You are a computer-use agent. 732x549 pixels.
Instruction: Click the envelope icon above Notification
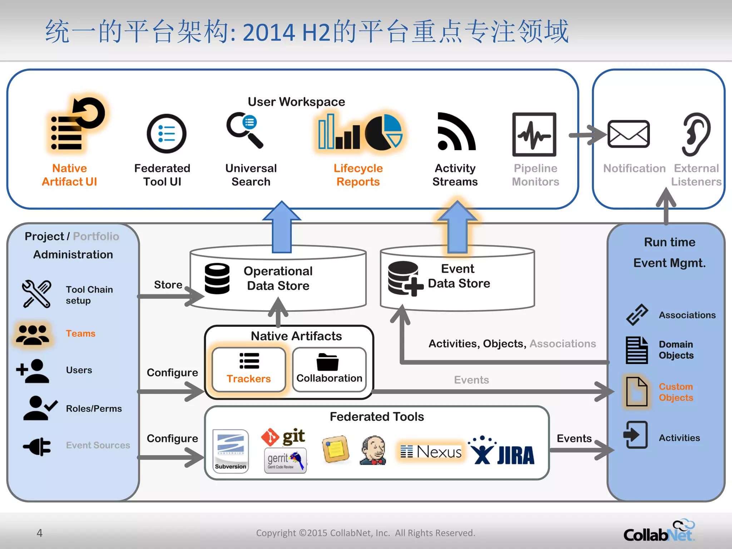628,134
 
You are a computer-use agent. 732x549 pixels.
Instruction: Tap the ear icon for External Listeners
696,134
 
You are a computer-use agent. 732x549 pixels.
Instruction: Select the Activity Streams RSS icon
456,132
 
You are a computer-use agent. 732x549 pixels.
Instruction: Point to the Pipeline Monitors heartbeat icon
534,135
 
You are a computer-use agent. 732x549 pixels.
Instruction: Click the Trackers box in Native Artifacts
249,370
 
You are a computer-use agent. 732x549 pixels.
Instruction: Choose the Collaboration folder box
329,370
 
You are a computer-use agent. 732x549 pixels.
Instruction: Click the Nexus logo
431,452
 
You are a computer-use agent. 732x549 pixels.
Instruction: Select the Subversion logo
231,451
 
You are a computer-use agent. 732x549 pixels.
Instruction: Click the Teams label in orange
81,333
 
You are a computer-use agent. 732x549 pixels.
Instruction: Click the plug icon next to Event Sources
38,446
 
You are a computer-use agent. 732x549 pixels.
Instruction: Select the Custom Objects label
676,392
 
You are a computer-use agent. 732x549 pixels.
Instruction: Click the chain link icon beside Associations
637,315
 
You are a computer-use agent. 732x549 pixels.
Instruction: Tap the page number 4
40,533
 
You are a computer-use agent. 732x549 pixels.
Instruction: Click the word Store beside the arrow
168,285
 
